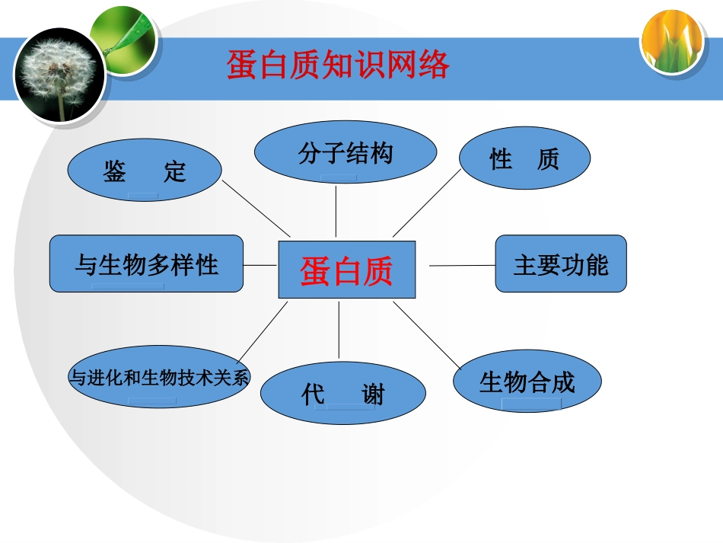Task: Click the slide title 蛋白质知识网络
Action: click(338, 65)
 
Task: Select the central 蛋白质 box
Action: click(347, 270)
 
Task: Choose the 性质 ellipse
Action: click(525, 158)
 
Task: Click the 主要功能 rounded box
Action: click(561, 264)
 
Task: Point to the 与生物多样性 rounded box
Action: click(147, 264)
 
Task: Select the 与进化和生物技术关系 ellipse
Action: click(159, 376)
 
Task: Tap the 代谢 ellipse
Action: click(343, 393)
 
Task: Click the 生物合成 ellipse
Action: click(527, 381)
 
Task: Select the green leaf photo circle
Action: click(124, 40)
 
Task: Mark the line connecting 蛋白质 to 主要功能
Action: click(462, 265)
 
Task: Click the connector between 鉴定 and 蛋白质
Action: click(256, 209)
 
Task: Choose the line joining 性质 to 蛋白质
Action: click(427, 203)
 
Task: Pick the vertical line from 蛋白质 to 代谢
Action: click(338, 331)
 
